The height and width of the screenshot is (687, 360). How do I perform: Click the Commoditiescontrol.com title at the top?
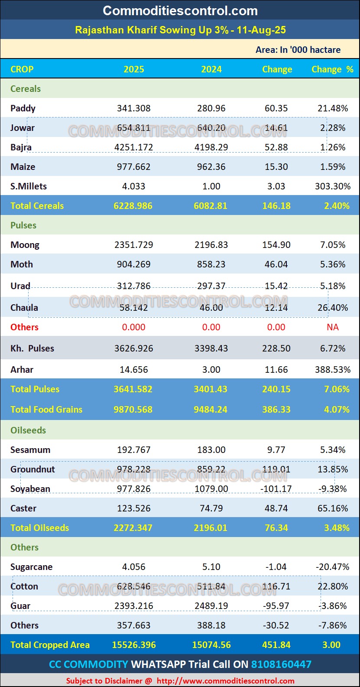(x=180, y=11)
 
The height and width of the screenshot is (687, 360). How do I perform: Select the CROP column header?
(x=22, y=69)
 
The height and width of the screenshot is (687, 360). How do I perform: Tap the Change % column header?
(x=332, y=69)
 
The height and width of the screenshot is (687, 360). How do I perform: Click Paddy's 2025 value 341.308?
(x=133, y=108)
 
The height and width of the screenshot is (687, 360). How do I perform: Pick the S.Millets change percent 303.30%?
(x=333, y=186)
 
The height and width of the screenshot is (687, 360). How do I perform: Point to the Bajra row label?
(x=21, y=147)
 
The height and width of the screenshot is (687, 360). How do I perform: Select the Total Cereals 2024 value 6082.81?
(x=211, y=206)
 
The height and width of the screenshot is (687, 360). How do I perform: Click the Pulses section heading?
(x=23, y=225)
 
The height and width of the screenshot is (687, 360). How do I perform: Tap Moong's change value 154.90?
(x=276, y=245)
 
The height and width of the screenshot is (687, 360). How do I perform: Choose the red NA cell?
(x=333, y=327)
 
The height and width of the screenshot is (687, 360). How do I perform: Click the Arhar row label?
(x=22, y=370)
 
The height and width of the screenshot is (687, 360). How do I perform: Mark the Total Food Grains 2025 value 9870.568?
(x=133, y=410)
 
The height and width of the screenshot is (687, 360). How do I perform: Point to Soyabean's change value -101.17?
(x=276, y=489)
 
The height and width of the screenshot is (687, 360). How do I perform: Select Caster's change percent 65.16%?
(x=333, y=508)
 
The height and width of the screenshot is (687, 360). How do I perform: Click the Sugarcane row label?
(x=32, y=567)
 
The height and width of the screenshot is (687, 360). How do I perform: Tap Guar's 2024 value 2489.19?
(x=211, y=606)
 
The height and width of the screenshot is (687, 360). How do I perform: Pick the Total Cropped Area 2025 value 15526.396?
(x=134, y=645)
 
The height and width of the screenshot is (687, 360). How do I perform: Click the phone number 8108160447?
(x=281, y=664)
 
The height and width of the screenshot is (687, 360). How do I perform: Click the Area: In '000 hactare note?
(x=298, y=50)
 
